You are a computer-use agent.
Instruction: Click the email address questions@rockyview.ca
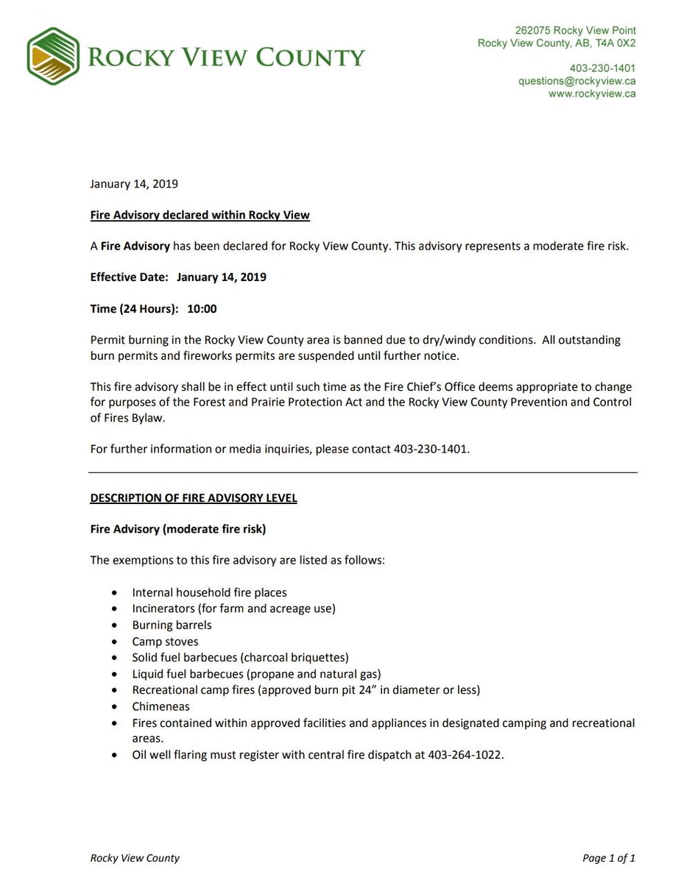[576, 81]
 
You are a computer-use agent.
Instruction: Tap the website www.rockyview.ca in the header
[592, 93]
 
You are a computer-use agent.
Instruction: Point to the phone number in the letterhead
[602, 68]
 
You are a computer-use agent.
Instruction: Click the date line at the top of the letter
[134, 184]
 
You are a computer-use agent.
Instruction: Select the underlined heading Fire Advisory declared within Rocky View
[200, 215]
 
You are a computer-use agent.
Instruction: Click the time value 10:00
[202, 309]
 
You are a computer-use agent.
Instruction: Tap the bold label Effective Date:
[130, 277]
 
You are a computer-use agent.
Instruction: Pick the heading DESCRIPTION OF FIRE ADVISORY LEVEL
[194, 498]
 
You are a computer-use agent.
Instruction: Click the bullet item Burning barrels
[172, 625]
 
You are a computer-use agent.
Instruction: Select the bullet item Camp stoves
[165, 642]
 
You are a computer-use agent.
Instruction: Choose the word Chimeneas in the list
[160, 706]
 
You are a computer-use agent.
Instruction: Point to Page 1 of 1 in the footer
[608, 858]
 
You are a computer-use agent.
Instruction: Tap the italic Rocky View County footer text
[135, 858]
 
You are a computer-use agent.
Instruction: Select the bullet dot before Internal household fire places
[113, 592]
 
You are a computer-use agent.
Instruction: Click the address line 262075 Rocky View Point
[575, 31]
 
